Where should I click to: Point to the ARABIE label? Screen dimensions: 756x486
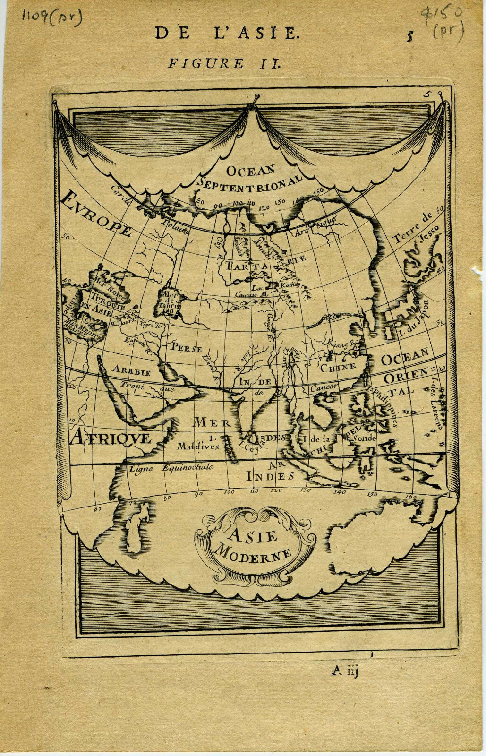click(131, 371)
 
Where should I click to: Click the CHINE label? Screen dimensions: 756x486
click(338, 366)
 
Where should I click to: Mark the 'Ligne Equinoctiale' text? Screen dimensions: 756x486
click(171, 468)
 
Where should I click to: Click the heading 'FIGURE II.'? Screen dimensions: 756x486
click(225, 63)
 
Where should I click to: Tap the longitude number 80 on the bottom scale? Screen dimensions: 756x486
click(167, 498)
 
